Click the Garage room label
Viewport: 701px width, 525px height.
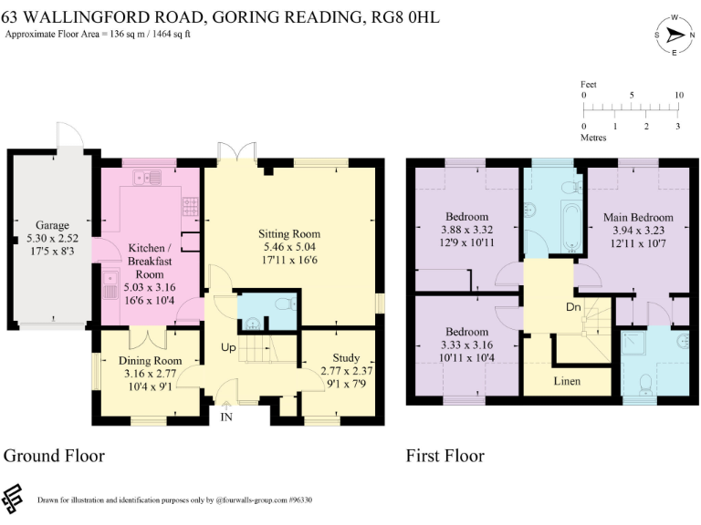coord(52,225)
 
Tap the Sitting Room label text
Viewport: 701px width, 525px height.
coord(289,233)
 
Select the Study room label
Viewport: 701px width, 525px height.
coord(346,357)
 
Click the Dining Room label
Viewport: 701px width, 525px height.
coord(151,360)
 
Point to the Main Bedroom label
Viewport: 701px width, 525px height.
coord(638,218)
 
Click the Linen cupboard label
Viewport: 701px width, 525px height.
coord(567,381)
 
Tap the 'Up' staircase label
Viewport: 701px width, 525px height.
coord(228,347)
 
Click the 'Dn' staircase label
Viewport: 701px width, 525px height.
coord(573,306)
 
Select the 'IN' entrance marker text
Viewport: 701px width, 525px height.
coord(226,417)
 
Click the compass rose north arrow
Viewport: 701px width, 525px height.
coord(675,35)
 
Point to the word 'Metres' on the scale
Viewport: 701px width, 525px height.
coord(593,138)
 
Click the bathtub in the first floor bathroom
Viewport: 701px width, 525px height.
coord(571,227)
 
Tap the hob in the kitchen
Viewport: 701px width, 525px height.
coord(191,206)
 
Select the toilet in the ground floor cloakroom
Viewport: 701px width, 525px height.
coord(286,304)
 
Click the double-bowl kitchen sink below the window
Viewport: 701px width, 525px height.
coord(147,178)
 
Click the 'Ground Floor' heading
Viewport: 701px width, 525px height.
coord(54,456)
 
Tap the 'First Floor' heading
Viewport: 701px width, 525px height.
coord(445,456)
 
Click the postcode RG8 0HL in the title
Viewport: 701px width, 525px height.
coord(406,17)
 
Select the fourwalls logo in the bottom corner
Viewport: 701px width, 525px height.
coord(12,499)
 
